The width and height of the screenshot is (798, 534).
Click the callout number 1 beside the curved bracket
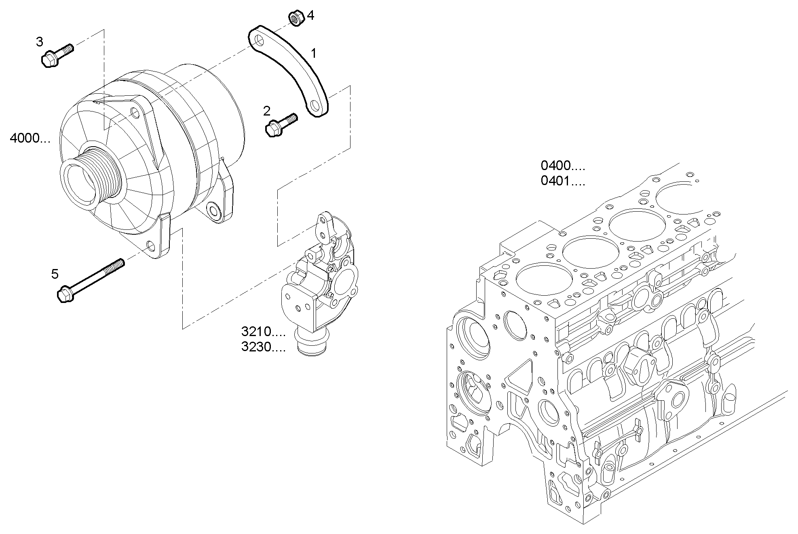click(313, 53)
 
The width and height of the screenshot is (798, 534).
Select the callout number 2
click(266, 111)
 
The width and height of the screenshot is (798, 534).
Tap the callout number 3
click(39, 42)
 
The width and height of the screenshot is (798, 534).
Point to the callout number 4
click(310, 15)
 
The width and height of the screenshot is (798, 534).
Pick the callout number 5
click(55, 274)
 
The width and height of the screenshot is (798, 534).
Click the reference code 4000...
click(30, 139)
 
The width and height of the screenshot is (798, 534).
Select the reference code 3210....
click(263, 332)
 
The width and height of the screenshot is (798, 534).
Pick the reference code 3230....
click(263, 347)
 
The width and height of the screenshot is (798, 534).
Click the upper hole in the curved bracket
click(259, 40)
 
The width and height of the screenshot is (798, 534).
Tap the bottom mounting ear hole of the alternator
click(151, 245)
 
